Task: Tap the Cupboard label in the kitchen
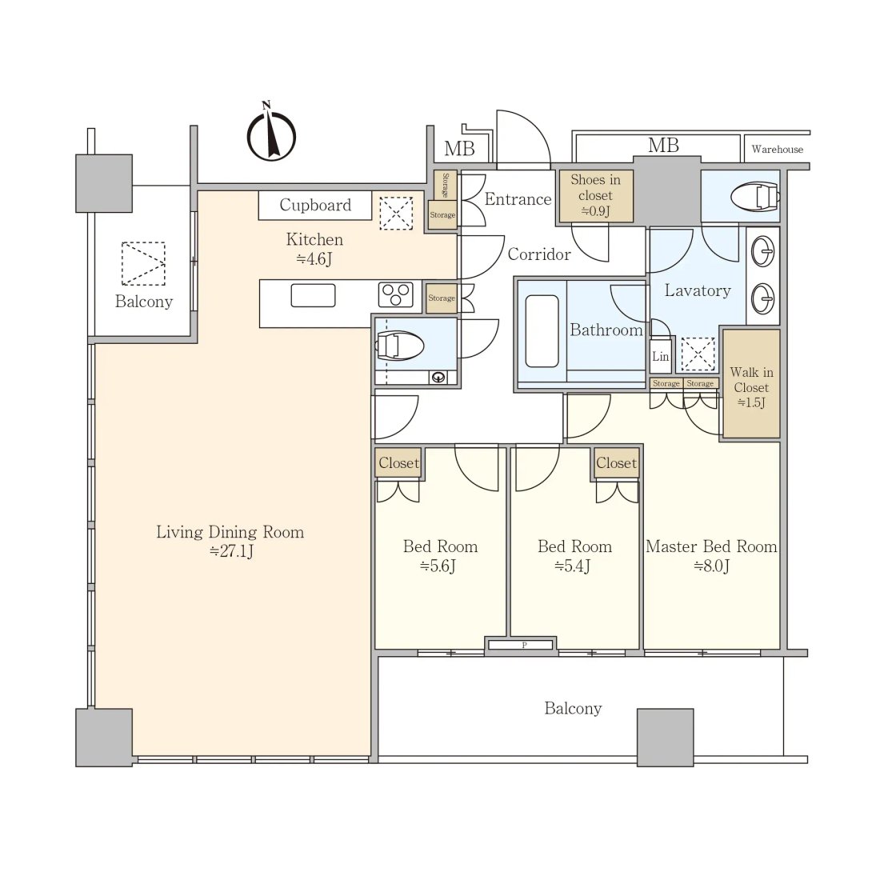315,205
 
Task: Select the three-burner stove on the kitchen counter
396,294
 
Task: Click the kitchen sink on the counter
313,295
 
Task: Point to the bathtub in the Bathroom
542,331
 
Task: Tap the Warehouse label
778,150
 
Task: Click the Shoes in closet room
596,196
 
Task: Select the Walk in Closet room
751,384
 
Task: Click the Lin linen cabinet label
661,356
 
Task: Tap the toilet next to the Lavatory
755,197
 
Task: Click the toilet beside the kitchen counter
399,346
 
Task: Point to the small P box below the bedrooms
522,645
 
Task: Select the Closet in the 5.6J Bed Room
398,462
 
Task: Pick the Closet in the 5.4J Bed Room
616,462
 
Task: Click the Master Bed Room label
712,546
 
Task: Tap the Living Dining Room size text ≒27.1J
231,551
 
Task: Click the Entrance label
518,199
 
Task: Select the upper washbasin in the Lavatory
763,251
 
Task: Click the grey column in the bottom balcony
665,738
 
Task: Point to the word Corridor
539,254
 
